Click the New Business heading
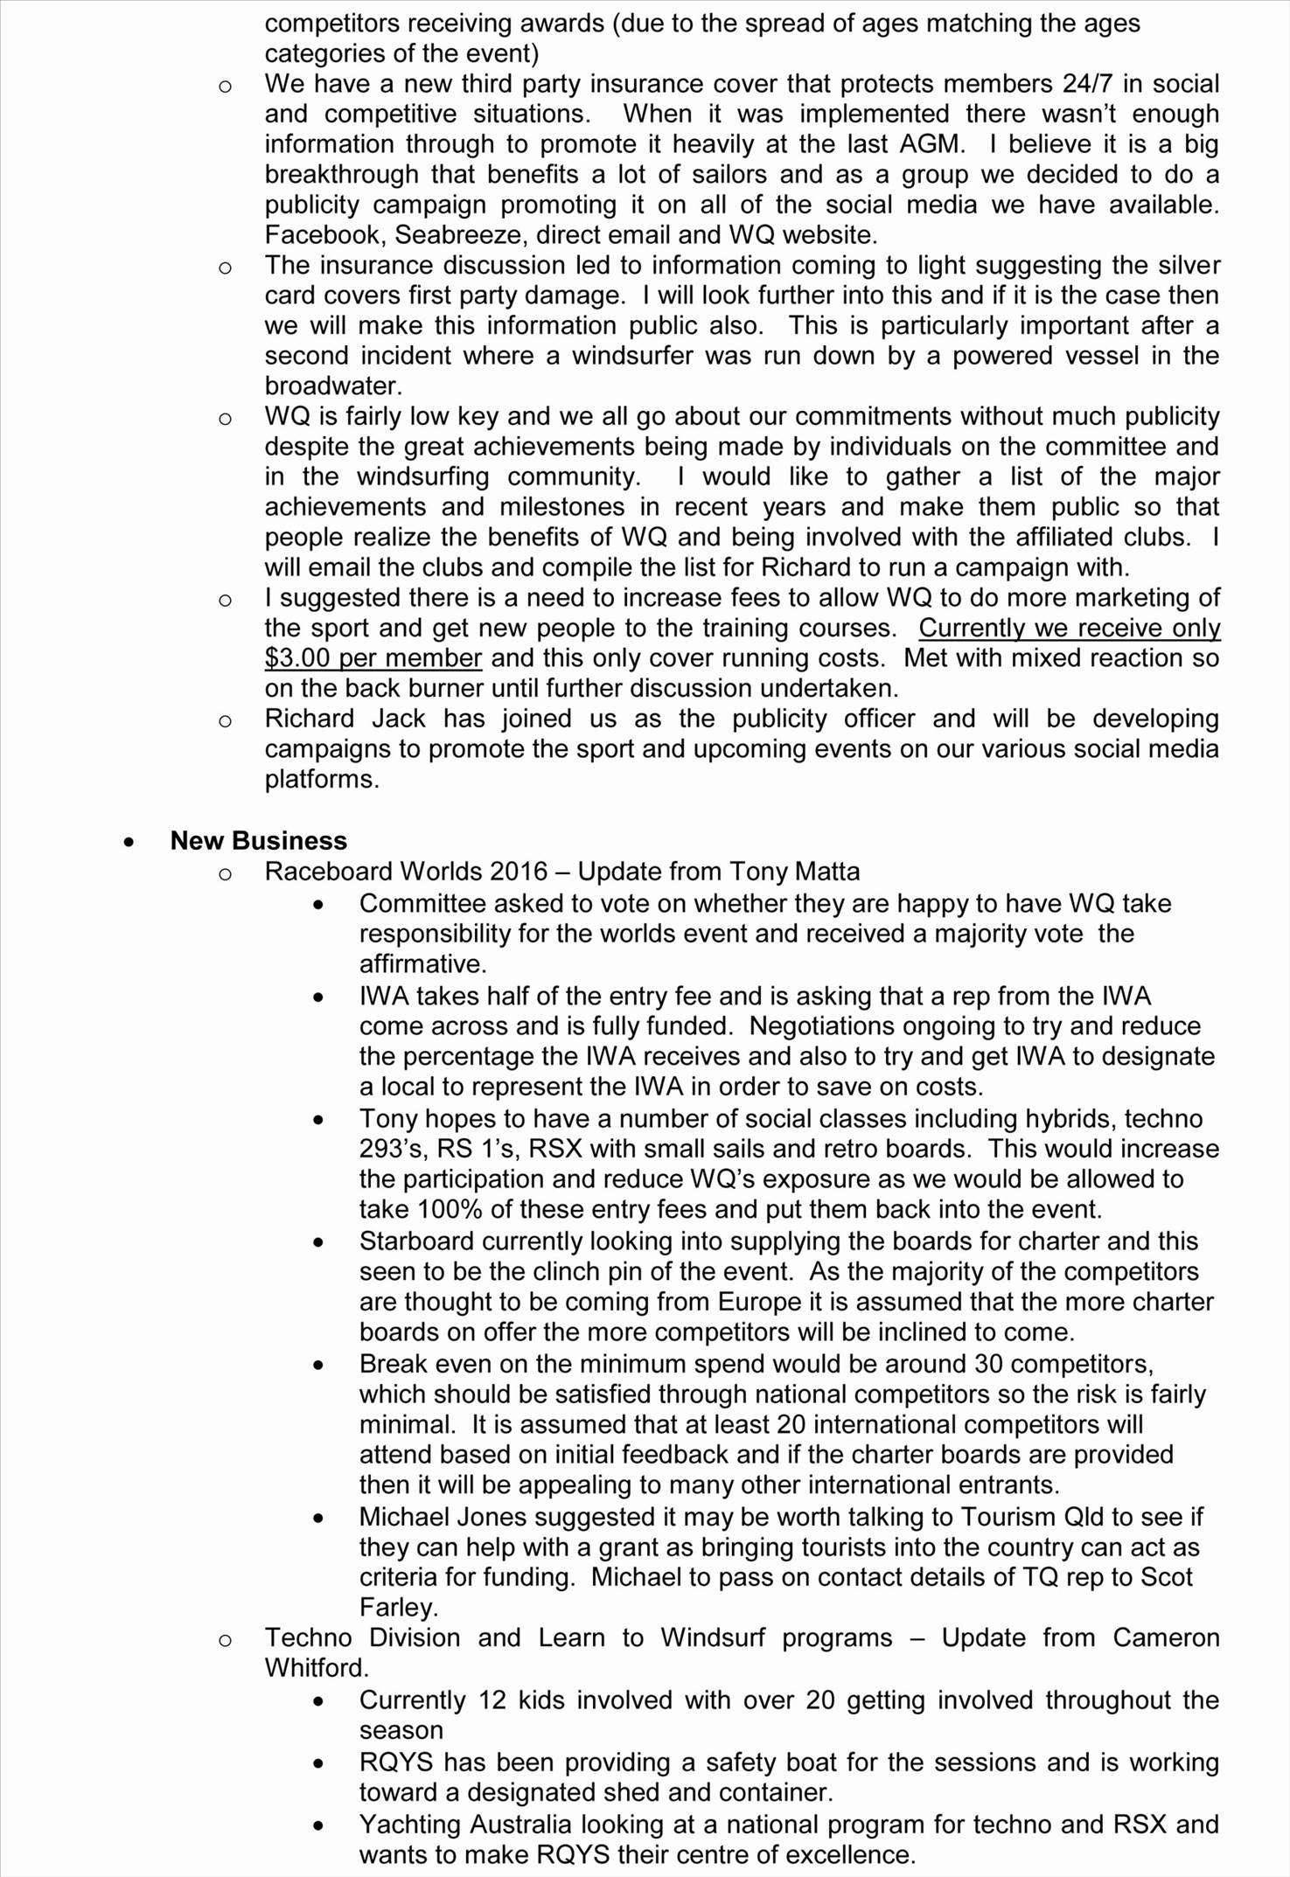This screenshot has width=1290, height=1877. (x=258, y=841)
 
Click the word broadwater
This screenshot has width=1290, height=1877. (x=330, y=386)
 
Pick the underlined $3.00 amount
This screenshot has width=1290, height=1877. (x=297, y=658)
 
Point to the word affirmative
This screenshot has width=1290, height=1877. (x=422, y=964)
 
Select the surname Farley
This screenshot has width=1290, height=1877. (x=398, y=1608)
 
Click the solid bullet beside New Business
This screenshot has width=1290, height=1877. (x=129, y=842)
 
